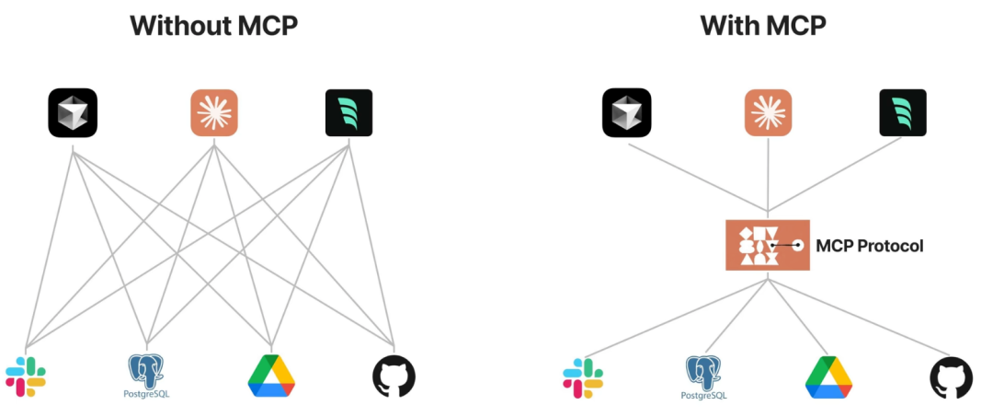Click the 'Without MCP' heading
click(x=213, y=25)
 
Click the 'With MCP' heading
click(x=763, y=25)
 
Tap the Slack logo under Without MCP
click(x=26, y=376)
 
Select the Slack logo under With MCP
click(x=583, y=377)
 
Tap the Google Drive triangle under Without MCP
click(x=271, y=376)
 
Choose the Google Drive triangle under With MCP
click(x=828, y=377)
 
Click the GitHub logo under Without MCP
click(x=394, y=376)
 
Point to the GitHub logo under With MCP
click(x=951, y=377)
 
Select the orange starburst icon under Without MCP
click(x=213, y=113)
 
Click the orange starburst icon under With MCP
click(x=768, y=113)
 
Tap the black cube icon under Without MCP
click(x=73, y=113)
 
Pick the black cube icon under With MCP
click(x=627, y=113)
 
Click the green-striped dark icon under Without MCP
click(x=348, y=113)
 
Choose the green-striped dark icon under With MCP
click(x=903, y=113)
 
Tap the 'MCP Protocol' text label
click(x=869, y=246)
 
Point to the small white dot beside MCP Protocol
click(x=799, y=245)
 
